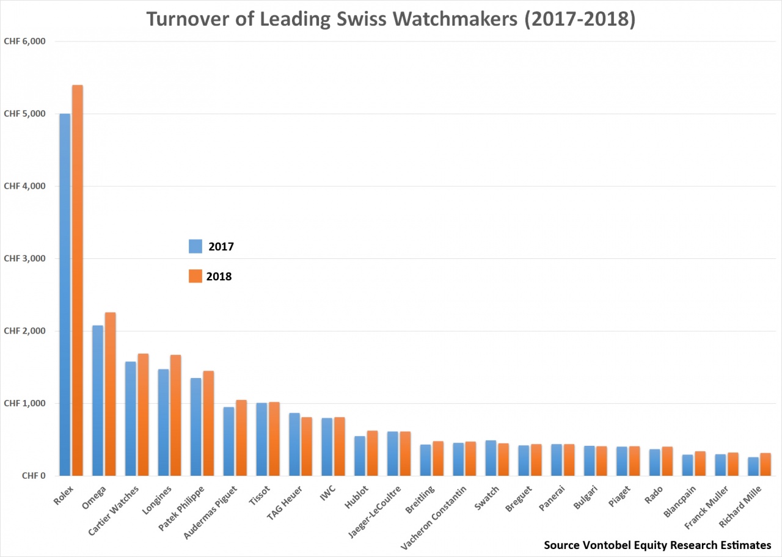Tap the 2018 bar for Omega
tap(110, 394)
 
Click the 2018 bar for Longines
tap(175, 415)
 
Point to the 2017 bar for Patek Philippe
tap(196, 427)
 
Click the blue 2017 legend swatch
tap(195, 246)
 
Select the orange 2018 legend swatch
tap(195, 276)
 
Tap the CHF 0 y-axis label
tap(34, 475)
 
